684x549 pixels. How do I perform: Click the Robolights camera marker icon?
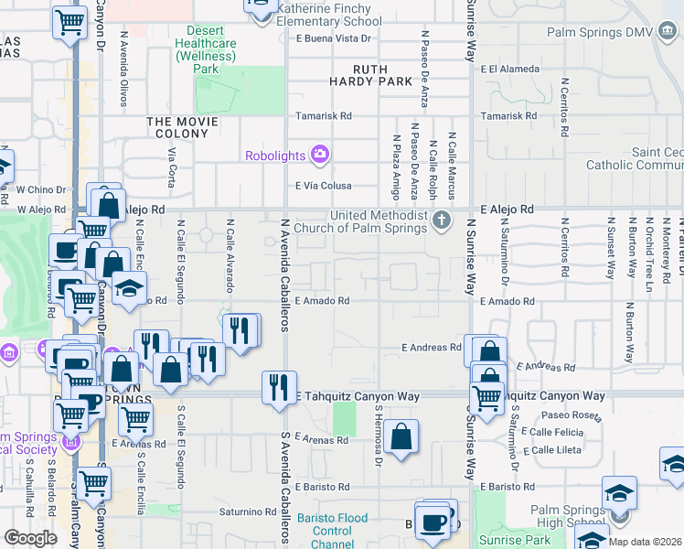[x=320, y=155]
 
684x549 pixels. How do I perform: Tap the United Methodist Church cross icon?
[x=443, y=221]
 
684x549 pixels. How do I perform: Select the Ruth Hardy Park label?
[x=384, y=74]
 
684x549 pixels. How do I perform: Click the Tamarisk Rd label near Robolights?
[x=323, y=116]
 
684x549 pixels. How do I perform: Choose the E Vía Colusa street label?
[x=324, y=185]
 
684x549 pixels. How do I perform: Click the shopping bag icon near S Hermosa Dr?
[x=401, y=437]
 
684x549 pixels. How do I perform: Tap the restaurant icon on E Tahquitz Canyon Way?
[x=279, y=387]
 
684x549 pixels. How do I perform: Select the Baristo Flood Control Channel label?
[x=338, y=532]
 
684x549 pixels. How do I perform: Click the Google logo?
[x=30, y=538]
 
